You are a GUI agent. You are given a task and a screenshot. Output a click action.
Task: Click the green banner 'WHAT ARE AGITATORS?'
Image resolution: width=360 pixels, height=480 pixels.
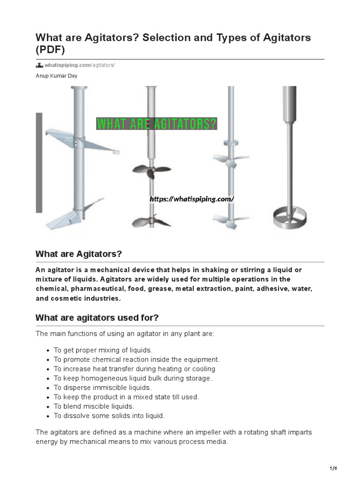pos(157,124)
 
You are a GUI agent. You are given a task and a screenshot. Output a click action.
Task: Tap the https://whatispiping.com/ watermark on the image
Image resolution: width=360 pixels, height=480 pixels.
pos(191,199)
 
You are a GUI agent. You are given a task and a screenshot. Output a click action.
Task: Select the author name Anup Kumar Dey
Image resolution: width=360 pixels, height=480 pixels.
pos(57,75)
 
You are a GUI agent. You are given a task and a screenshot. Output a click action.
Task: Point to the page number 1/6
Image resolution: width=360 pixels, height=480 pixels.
pos(333,468)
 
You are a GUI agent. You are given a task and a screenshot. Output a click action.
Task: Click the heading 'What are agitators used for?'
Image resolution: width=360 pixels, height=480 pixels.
pos(97,318)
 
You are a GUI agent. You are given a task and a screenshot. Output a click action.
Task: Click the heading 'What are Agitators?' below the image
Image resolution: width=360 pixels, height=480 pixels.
pos(78,254)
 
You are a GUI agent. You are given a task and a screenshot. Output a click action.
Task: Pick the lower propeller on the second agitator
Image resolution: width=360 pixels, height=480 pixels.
pos(151,221)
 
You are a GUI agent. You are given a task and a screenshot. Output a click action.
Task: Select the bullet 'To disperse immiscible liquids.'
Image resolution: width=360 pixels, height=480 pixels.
pos(103,388)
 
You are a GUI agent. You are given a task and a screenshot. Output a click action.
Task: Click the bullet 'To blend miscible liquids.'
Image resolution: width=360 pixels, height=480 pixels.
pos(94,406)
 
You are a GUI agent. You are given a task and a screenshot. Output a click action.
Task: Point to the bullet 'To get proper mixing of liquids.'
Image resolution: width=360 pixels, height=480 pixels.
pos(103,350)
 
